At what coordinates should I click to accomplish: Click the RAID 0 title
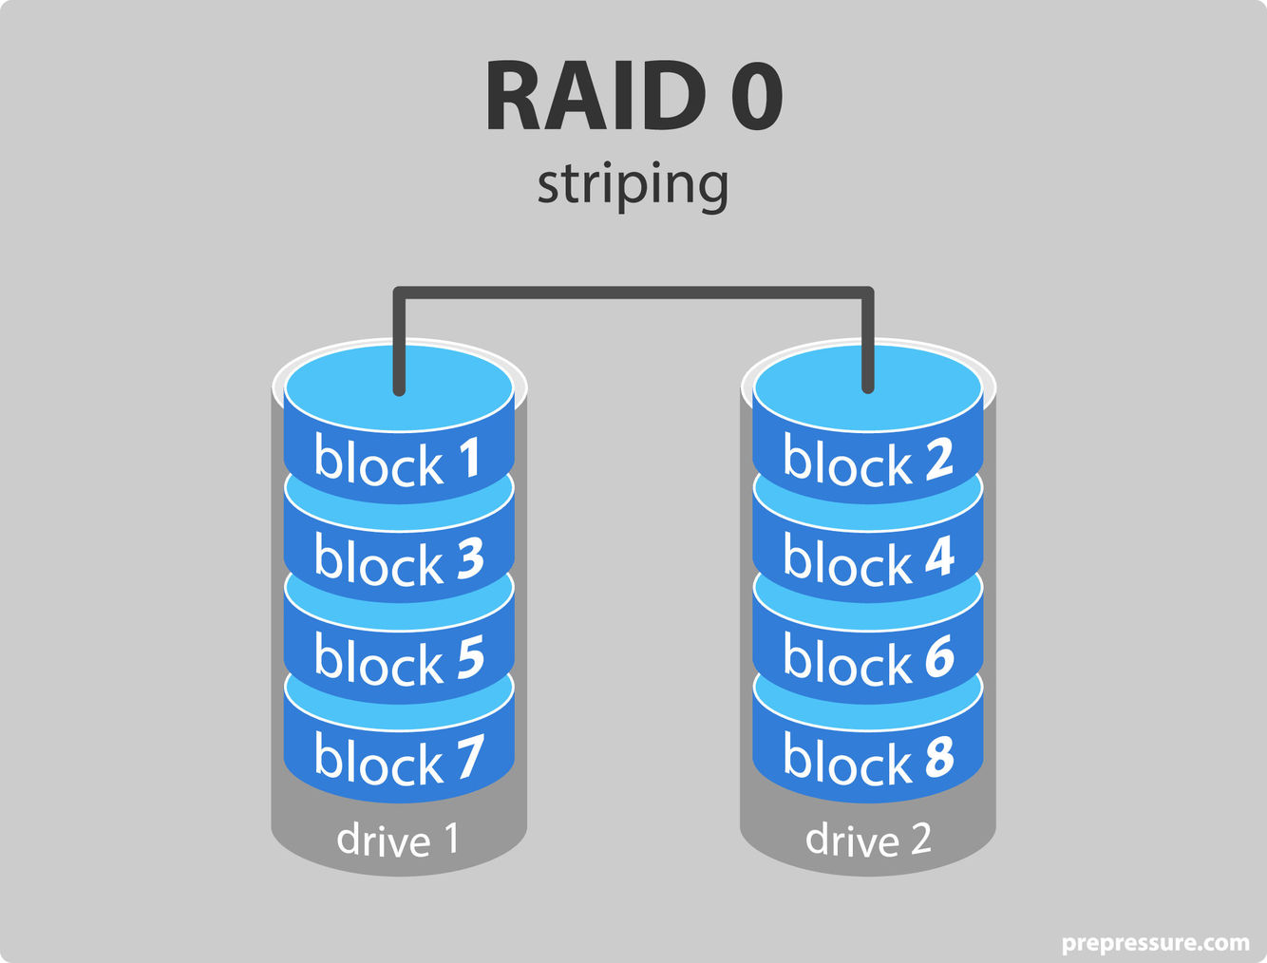click(633, 97)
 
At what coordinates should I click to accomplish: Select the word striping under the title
click(633, 184)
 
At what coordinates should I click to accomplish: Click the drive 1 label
click(398, 840)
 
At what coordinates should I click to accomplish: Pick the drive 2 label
click(868, 840)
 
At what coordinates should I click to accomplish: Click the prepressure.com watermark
click(1155, 943)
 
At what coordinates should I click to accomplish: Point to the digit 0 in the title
click(757, 97)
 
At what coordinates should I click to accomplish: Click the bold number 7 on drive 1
click(469, 757)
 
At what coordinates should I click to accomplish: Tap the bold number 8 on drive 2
click(938, 757)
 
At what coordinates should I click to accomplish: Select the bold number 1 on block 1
click(469, 458)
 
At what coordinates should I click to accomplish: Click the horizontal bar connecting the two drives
click(633, 293)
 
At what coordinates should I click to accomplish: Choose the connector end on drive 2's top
click(867, 385)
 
